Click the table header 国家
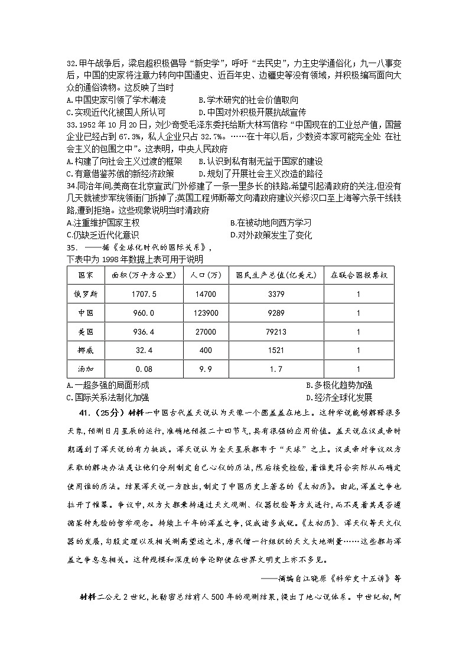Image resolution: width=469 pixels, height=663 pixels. pos(79,275)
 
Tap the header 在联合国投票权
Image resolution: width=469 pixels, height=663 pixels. pos(358,275)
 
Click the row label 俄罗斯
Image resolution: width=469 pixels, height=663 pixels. pos(79,293)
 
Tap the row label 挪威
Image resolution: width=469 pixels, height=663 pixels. pos(79,351)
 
